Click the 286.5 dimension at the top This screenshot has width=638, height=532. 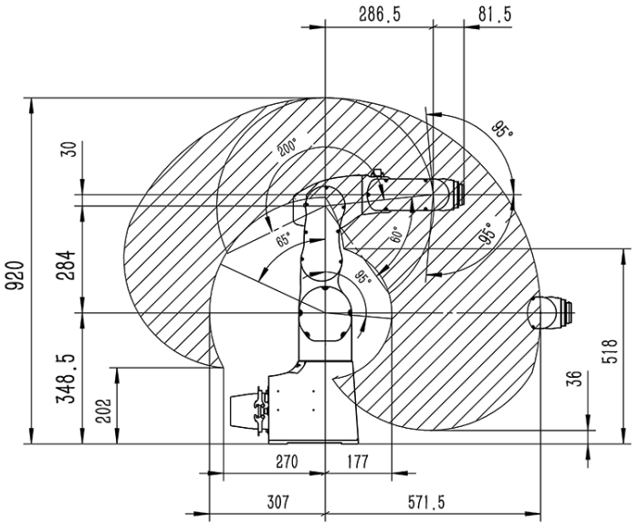click(380, 15)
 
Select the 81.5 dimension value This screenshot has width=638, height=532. click(495, 15)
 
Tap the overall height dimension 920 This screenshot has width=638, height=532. click(16, 276)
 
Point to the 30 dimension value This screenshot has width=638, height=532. click(70, 150)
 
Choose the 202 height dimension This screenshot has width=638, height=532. click(104, 410)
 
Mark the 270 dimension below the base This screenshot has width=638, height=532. click(287, 462)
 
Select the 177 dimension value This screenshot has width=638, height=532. click(358, 462)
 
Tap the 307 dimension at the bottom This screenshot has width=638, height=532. click(277, 502)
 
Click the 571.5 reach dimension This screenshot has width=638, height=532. click(426, 503)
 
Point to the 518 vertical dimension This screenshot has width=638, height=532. click(612, 350)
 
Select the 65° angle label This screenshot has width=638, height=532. click(284, 239)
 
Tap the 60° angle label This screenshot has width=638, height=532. click(396, 235)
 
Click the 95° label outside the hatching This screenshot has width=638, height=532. click(503, 130)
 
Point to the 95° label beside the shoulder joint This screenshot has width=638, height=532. click(363, 277)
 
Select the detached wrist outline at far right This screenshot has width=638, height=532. click(550, 312)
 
